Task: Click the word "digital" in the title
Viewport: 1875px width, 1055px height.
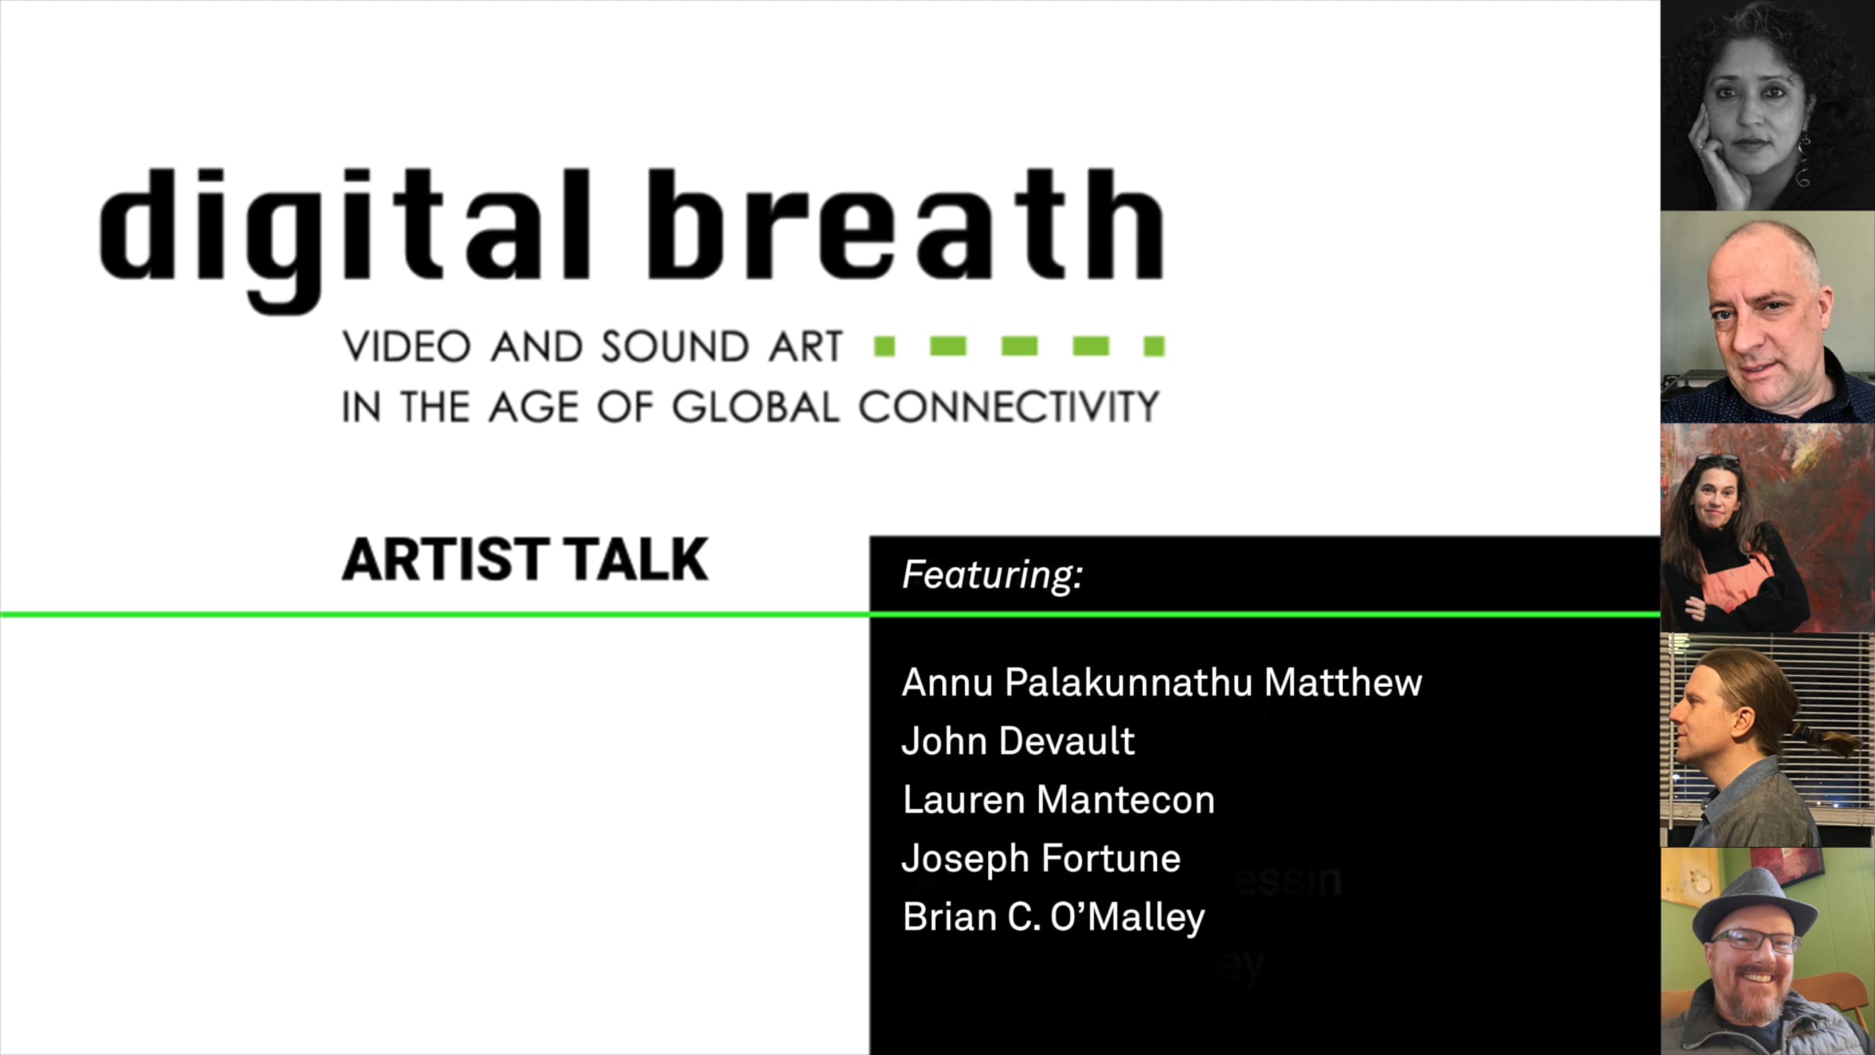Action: point(344,238)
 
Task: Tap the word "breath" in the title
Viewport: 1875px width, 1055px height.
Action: point(905,224)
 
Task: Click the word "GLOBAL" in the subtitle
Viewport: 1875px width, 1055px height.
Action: point(755,406)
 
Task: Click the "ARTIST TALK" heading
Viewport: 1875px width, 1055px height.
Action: point(525,560)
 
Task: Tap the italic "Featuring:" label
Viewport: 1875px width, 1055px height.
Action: point(992,574)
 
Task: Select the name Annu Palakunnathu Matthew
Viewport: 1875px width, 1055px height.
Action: point(1162,682)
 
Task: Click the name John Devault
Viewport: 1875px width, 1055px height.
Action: point(1018,741)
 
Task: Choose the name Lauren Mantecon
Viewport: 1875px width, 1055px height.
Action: point(1059,799)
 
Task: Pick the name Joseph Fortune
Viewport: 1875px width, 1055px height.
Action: point(1041,859)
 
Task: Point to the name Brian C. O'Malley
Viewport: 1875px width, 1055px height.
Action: point(1053,917)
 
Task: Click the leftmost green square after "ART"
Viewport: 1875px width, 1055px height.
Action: point(884,345)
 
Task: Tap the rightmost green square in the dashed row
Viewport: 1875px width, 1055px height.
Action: point(1154,345)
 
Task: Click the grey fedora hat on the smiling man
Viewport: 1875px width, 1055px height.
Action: point(1755,903)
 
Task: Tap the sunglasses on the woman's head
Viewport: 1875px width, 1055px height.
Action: point(1717,459)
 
